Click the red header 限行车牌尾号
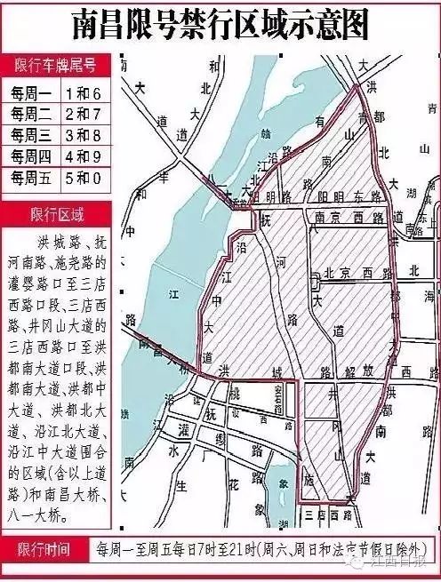coord(55,65)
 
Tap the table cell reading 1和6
coord(84,93)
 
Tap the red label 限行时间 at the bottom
coord(48,549)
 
